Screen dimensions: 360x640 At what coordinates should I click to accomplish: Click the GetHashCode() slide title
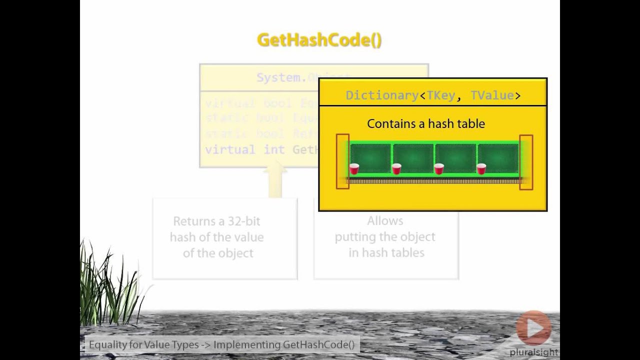point(319,40)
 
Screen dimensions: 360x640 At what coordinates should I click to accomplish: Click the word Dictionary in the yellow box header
point(382,95)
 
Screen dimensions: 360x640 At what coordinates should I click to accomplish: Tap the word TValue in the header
point(492,95)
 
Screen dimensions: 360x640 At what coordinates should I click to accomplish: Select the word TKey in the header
point(441,95)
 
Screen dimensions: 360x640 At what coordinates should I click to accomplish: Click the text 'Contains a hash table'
point(426,123)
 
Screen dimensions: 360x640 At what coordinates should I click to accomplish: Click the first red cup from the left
point(354,169)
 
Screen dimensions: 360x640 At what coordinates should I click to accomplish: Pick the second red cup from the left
point(396,169)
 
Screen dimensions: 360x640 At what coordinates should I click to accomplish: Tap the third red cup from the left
point(439,169)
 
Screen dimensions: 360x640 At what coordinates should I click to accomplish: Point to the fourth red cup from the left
point(481,169)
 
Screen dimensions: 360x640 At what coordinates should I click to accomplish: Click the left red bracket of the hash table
point(342,161)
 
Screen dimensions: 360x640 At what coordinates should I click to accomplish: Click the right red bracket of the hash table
point(526,161)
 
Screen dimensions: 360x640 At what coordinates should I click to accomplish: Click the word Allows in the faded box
point(385,220)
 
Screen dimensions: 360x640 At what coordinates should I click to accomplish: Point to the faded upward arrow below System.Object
point(275,182)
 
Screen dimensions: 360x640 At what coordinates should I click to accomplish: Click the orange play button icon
point(534,328)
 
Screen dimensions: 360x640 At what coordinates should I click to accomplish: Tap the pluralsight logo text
point(533,352)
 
